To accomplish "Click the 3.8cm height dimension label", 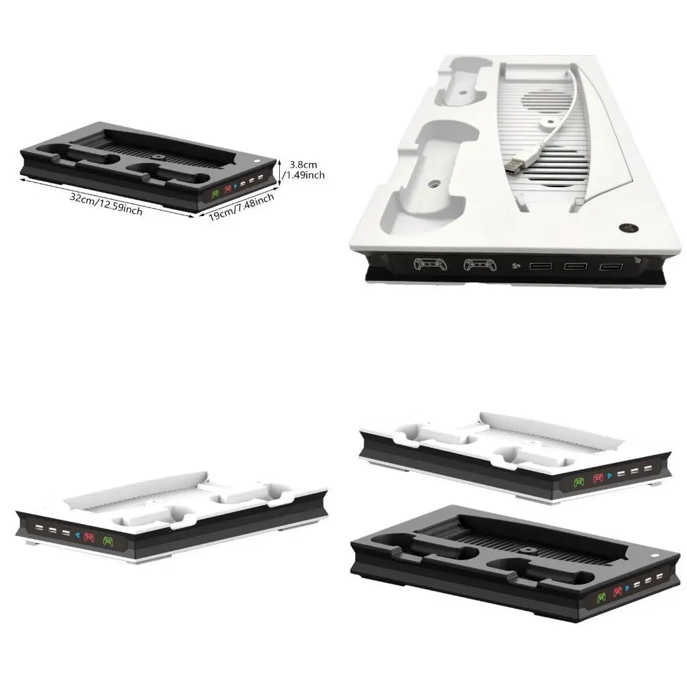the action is [x=304, y=165].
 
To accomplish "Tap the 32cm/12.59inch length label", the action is [x=107, y=203].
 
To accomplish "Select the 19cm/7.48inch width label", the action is [x=242, y=207].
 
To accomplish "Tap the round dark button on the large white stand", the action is [x=627, y=228].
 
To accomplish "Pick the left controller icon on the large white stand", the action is [x=431, y=264].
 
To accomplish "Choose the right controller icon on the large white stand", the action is [x=480, y=265].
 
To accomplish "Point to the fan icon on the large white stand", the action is [x=516, y=265].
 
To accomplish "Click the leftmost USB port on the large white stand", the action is [x=541, y=266].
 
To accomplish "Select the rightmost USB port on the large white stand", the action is [x=611, y=267].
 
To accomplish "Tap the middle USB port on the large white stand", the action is [x=576, y=266].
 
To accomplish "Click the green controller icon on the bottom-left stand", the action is [x=109, y=541].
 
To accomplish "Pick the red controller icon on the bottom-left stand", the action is [x=89, y=537].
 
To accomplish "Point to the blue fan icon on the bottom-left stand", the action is [x=76, y=535].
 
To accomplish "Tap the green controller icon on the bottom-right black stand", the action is [x=602, y=598].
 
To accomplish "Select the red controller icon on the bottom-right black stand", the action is [x=618, y=592].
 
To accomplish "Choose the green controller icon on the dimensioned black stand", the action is [x=215, y=193].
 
